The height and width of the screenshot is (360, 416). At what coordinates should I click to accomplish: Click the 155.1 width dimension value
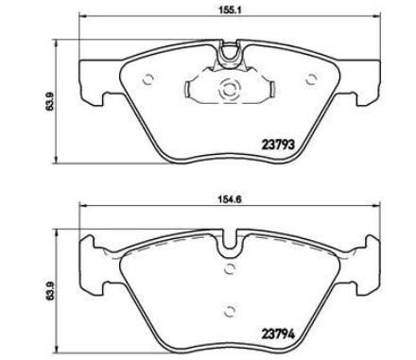coord(230,9)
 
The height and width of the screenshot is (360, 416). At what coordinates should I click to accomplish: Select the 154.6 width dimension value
coord(230,199)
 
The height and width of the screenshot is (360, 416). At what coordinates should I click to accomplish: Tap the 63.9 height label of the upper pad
coord(49,101)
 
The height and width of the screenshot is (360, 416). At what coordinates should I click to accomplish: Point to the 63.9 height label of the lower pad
coord(49,291)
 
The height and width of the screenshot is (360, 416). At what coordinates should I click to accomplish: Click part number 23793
coord(278,145)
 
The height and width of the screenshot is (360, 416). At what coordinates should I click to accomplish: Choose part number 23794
coord(278,334)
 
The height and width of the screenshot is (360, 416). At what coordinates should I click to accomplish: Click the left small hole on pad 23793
coord(147,79)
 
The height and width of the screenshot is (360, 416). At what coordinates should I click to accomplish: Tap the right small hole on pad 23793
coord(311,79)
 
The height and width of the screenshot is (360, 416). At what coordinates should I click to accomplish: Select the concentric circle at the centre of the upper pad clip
coord(229,89)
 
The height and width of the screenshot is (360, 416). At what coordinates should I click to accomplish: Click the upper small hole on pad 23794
coord(230,268)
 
